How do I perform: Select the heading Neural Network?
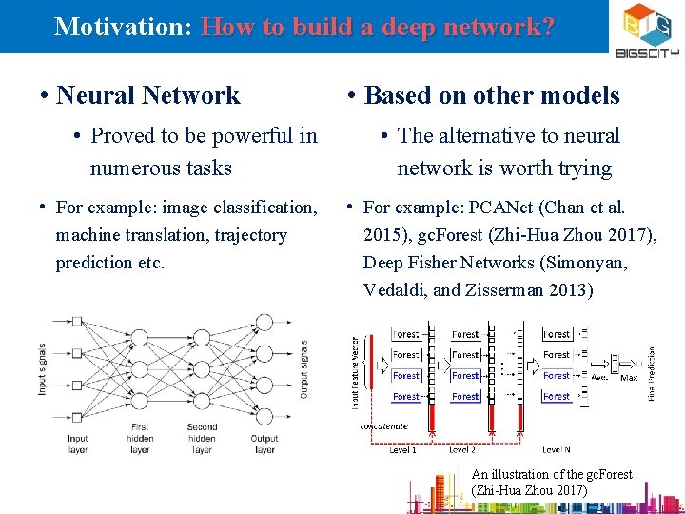[148, 95]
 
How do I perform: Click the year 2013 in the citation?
[575, 289]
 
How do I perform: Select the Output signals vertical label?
[304, 368]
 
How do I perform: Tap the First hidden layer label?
[140, 438]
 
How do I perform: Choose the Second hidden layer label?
[202, 438]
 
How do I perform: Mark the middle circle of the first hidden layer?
[140, 368]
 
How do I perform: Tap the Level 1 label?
[402, 449]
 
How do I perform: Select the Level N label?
[557, 449]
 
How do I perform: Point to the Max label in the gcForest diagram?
[629, 377]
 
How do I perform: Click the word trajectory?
[249, 234]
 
